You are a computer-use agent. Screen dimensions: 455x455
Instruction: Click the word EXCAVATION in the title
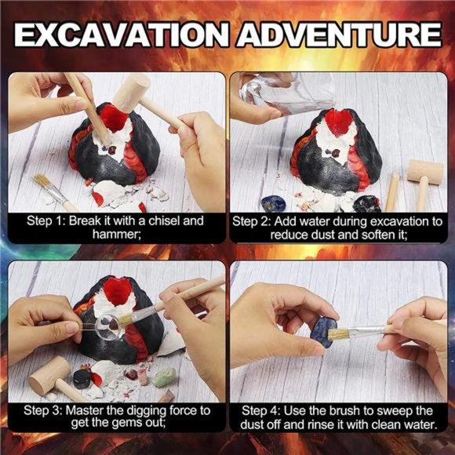[x=120, y=35]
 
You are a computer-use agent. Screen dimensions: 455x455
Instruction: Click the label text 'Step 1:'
[x=45, y=221]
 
